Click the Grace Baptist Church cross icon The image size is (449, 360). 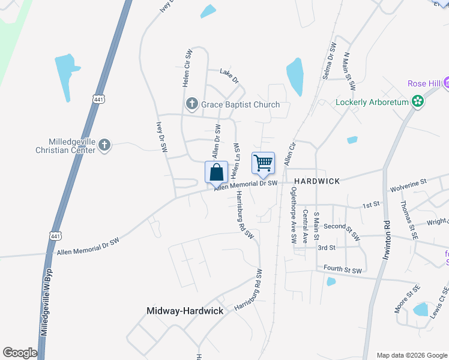point(192,104)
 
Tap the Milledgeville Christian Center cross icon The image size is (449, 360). point(104,145)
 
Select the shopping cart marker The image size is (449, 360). point(263,163)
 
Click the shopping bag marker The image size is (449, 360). point(216,172)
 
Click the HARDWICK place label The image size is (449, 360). point(316,181)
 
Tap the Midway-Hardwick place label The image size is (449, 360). point(185,311)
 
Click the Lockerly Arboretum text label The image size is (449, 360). point(372,103)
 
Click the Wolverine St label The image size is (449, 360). point(408,181)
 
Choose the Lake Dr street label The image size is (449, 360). point(229,75)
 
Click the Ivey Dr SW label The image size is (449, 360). point(161,137)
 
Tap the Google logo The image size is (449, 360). point(20,352)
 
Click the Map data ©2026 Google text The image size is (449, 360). point(411,355)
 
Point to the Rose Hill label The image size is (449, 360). point(424,83)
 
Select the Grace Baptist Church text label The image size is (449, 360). point(240,104)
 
